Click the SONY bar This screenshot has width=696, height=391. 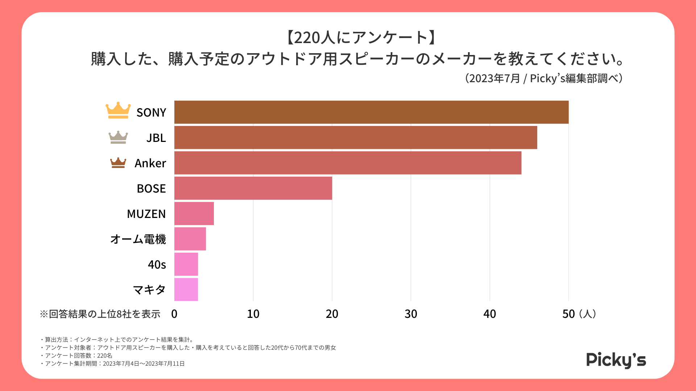[x=371, y=112]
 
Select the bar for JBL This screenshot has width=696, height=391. [x=356, y=138]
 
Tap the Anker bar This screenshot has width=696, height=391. [x=348, y=163]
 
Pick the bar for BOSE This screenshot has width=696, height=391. [x=253, y=188]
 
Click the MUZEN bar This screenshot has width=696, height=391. [x=194, y=214]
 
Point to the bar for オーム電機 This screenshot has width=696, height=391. [x=190, y=239]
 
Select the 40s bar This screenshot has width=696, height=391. [x=186, y=264]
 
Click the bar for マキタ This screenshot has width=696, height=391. [x=186, y=290]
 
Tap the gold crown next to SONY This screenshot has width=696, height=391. [x=118, y=110]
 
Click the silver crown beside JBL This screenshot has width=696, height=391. [x=118, y=137]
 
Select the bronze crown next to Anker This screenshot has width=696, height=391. [x=118, y=163]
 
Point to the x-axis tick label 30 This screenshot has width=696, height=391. [x=411, y=314]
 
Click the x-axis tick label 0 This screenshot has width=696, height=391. [x=174, y=314]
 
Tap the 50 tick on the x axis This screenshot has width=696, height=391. [x=568, y=314]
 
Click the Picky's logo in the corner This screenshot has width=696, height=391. [x=616, y=360]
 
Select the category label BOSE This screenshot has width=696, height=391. [x=151, y=189]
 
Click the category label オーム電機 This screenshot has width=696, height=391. [x=138, y=239]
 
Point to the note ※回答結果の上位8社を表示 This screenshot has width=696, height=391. [x=100, y=314]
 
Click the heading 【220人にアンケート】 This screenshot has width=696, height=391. [x=362, y=38]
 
